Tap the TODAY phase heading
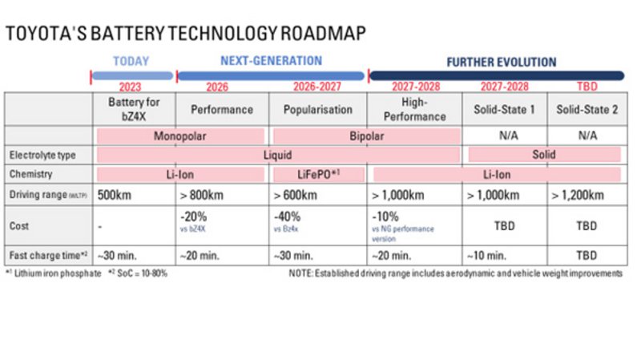(x=131, y=62)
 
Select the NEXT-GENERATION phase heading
(x=271, y=61)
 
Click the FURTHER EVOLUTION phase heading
(x=501, y=62)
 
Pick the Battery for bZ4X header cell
(x=130, y=109)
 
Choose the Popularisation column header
(x=319, y=109)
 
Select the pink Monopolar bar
(x=180, y=136)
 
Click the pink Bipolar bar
(x=366, y=136)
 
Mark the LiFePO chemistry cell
(x=319, y=174)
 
